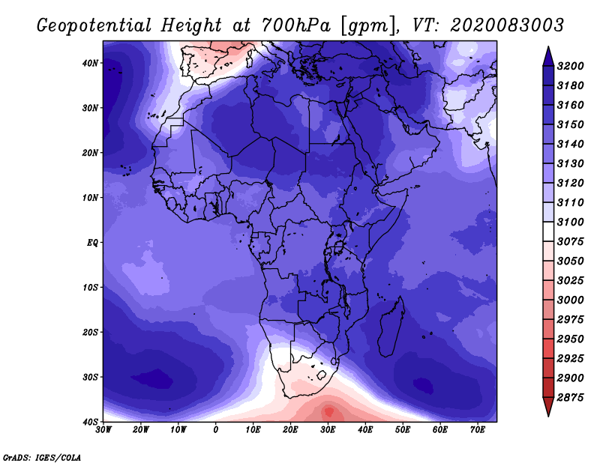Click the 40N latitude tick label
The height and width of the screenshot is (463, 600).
90,63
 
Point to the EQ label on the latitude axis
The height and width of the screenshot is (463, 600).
92,243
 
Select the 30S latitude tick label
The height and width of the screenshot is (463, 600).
90,378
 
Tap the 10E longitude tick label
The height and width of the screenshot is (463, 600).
253,430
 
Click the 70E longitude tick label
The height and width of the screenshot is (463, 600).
477,430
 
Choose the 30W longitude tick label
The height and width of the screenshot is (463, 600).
103,430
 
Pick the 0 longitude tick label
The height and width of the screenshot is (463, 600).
216,430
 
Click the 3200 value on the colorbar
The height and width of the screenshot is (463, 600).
571,66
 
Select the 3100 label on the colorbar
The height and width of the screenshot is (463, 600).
571,222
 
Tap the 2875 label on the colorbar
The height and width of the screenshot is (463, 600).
571,398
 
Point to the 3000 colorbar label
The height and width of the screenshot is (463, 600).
571,300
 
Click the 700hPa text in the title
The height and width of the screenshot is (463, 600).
295,25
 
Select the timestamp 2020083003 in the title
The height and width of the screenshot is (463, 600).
507,25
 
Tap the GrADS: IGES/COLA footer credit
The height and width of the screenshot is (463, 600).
42,458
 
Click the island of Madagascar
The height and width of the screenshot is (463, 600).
390,329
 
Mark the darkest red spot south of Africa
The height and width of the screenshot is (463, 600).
329,412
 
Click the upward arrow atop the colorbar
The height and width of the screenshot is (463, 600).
548,56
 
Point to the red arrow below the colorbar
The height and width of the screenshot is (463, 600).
548,407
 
